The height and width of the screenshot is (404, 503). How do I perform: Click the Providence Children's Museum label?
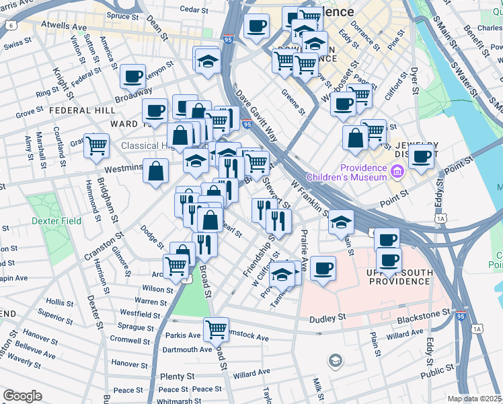[347, 172]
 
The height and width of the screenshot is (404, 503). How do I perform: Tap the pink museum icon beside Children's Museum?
[397, 172]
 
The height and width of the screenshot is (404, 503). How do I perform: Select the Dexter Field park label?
[56, 221]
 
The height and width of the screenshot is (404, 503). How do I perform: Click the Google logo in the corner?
[22, 396]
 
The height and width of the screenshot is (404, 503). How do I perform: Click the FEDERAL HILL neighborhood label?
[75, 110]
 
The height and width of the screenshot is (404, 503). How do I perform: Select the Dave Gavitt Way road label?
[256, 111]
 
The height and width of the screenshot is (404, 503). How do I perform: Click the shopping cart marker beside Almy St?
[97, 144]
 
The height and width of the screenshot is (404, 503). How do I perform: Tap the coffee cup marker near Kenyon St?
[133, 76]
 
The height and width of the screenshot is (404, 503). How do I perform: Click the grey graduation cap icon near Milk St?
[334, 362]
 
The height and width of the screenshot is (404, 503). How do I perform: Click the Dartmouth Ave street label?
[187, 349]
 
